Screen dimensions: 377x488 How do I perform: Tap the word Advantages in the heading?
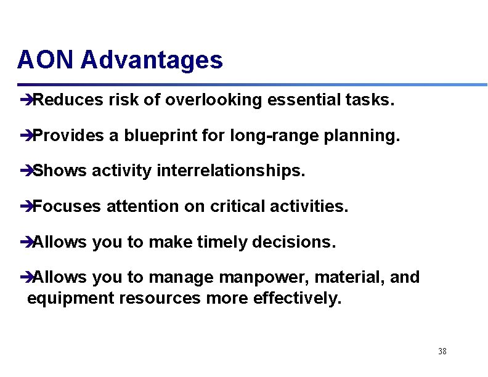152,60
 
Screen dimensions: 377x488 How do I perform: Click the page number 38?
442,351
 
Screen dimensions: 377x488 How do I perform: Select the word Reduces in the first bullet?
68,100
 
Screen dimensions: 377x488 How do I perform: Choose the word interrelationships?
231,171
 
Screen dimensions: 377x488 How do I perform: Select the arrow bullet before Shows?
25,171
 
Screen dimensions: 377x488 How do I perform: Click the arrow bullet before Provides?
25,136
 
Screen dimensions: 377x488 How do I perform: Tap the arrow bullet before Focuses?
25,207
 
